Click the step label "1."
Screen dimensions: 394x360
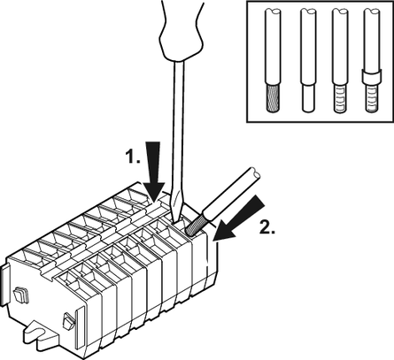tap(132, 156)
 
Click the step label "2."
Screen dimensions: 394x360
tap(267, 226)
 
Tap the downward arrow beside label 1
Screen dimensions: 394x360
tap(154, 171)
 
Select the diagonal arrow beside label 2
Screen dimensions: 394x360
tap(239, 218)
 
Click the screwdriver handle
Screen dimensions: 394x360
tap(181, 29)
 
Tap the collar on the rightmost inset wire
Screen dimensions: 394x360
tap(372, 76)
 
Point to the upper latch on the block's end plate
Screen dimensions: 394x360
tap(21, 295)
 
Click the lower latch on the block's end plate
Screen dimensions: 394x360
tap(68, 321)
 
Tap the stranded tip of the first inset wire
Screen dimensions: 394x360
tap(273, 98)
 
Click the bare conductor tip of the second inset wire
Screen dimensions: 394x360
tap(307, 98)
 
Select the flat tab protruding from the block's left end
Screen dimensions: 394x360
tap(6, 283)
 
